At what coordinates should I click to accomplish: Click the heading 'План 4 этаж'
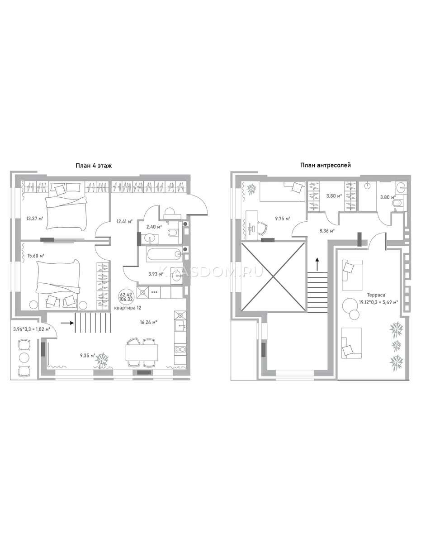pyautogui.click(x=94, y=166)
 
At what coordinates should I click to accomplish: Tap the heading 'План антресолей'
pyautogui.click(x=326, y=165)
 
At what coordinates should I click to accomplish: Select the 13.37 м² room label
pyautogui.click(x=35, y=219)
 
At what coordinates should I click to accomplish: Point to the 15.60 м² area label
pyautogui.click(x=36, y=256)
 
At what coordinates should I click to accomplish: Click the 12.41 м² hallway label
pyautogui.click(x=124, y=221)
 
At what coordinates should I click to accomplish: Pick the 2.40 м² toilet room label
pyautogui.click(x=154, y=227)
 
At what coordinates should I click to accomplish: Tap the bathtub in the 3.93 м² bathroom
pyautogui.click(x=164, y=255)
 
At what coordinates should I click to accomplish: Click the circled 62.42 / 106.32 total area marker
pyautogui.click(x=126, y=296)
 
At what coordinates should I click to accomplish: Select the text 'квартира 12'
pyautogui.click(x=128, y=308)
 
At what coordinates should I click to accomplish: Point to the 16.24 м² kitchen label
pyautogui.click(x=148, y=322)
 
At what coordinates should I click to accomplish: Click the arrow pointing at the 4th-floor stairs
pyautogui.click(x=67, y=323)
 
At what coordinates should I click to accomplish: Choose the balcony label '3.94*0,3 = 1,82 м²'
pyautogui.click(x=32, y=329)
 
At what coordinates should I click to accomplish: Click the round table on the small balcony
pyautogui.click(x=24, y=357)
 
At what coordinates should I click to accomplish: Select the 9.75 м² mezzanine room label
pyautogui.click(x=283, y=219)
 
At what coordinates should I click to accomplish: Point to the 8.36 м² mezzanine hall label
pyautogui.click(x=327, y=231)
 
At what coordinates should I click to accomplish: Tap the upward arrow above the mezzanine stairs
pyautogui.click(x=317, y=264)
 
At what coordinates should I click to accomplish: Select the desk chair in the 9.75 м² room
pyautogui.click(x=261, y=228)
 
